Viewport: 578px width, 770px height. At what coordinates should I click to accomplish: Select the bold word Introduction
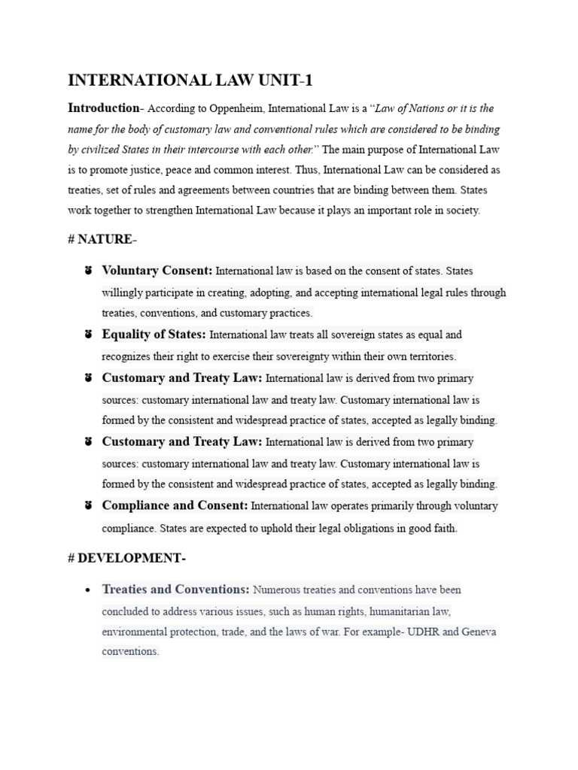103,108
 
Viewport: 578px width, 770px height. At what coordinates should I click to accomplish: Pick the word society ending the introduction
461,211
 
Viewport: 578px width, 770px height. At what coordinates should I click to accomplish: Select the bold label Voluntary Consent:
157,271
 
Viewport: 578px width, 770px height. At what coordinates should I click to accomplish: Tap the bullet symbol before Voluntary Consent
88,271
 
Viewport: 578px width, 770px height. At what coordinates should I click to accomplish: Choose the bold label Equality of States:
154,335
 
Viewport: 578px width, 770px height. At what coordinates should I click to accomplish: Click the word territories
429,356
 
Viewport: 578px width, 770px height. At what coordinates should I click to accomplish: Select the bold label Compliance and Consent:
175,506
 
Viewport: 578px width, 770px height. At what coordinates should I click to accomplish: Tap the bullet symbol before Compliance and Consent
88,506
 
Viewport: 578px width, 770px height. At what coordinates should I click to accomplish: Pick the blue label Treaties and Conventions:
175,590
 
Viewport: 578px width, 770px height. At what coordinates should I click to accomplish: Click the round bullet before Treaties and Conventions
88,590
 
